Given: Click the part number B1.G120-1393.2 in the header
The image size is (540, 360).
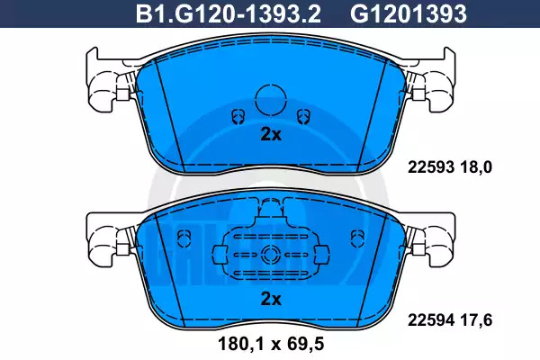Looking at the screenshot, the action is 229,14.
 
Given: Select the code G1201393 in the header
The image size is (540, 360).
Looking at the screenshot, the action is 409,14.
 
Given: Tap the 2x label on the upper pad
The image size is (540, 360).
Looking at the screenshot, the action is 271,135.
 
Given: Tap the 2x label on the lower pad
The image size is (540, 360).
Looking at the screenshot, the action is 271,299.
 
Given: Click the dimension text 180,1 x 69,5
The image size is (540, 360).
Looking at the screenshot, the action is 272,344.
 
